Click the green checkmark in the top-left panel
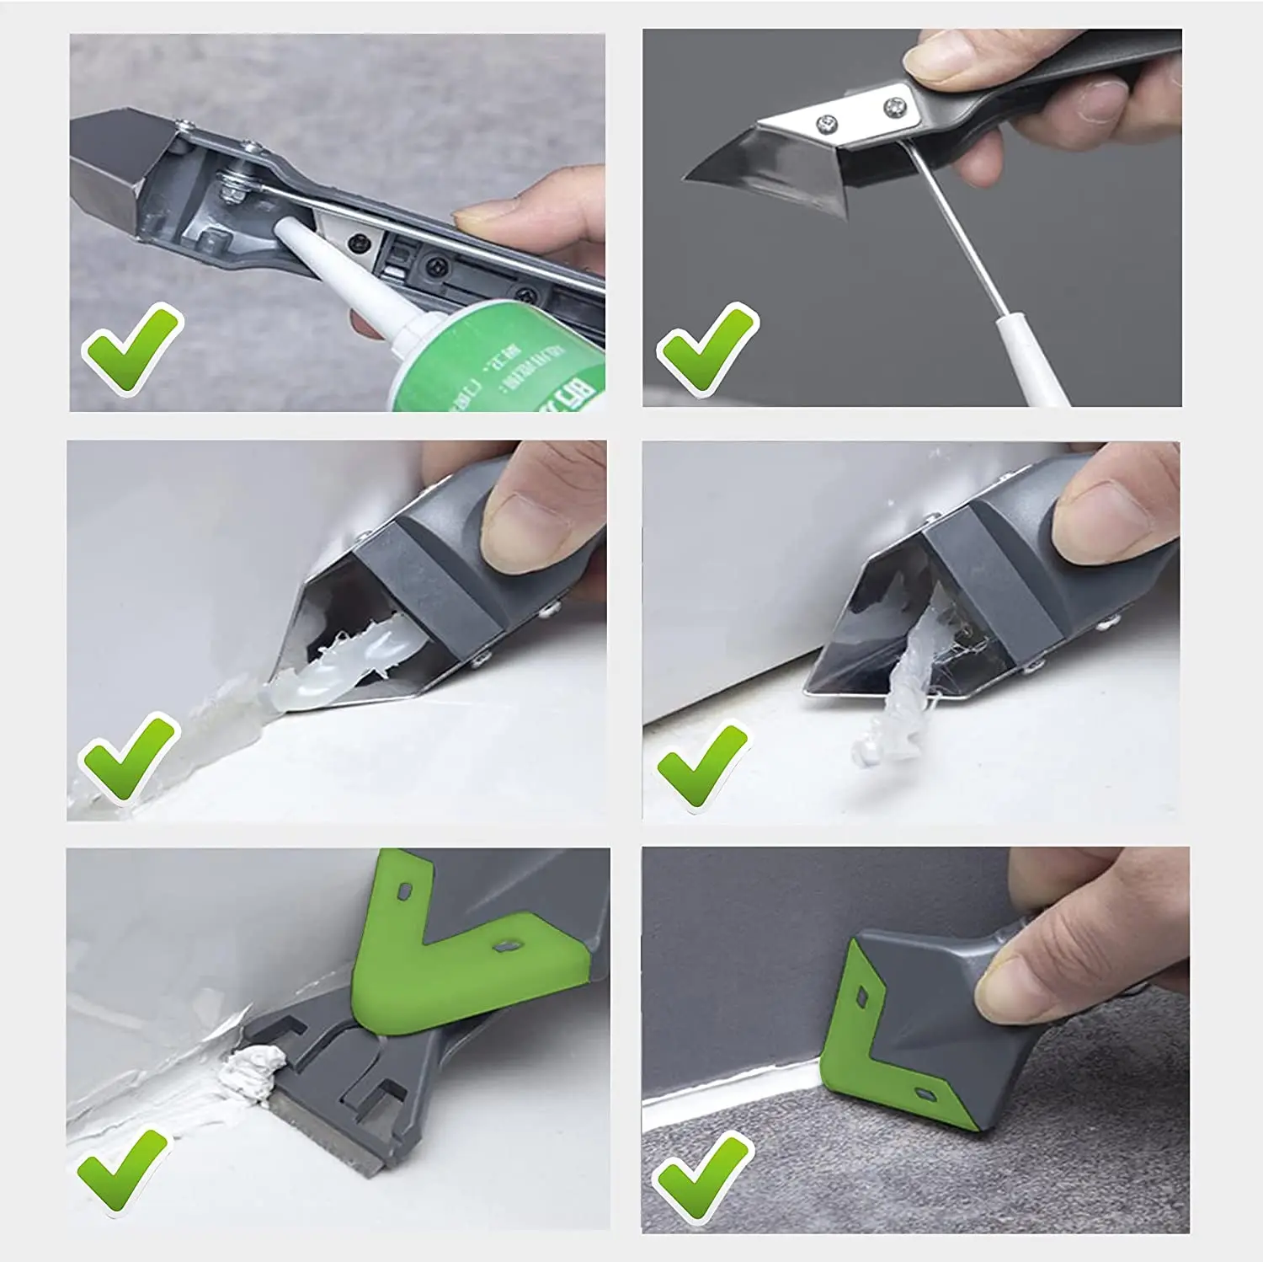click(131, 347)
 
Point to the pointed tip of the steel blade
click(689, 178)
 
